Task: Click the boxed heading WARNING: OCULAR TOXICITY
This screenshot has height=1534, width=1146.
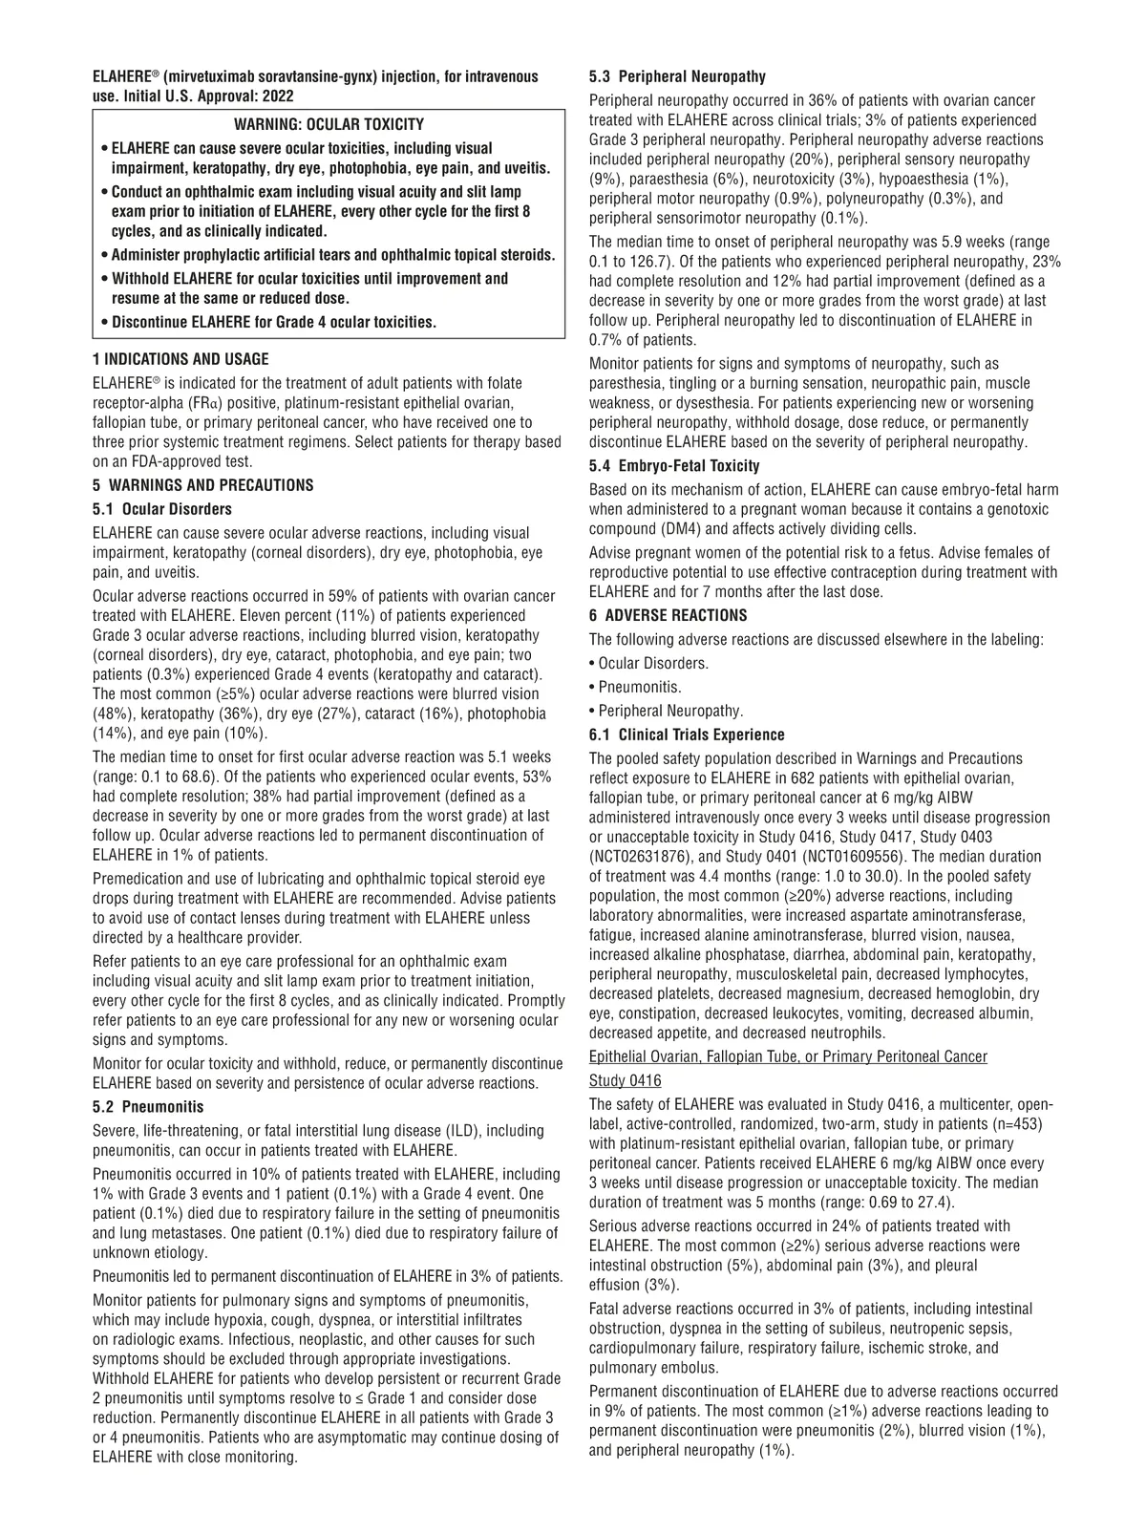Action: [x=329, y=125]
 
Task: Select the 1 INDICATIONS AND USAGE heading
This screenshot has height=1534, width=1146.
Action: [x=180, y=359]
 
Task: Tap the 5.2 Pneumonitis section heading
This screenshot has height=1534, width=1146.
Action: [x=148, y=1107]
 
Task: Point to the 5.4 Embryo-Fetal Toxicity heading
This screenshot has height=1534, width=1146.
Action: [x=674, y=466]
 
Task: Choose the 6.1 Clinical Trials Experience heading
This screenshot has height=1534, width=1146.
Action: [x=687, y=735]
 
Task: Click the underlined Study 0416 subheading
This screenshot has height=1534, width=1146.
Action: [x=625, y=1080]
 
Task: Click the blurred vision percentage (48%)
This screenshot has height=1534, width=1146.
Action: [x=112, y=714]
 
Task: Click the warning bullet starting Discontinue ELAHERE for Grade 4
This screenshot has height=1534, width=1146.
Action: [x=273, y=322]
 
